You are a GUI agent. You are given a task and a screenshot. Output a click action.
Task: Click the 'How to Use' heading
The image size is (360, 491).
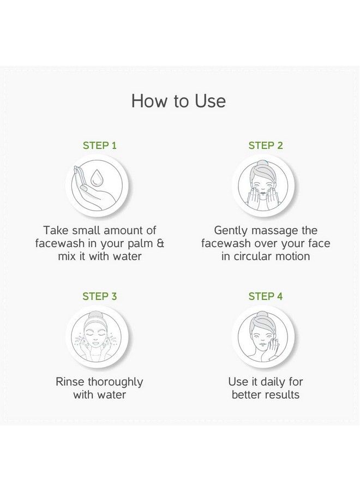[178, 101]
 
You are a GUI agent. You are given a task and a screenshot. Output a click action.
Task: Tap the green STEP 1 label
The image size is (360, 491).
[99, 146]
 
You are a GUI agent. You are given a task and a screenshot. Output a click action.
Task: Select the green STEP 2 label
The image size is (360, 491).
[266, 146]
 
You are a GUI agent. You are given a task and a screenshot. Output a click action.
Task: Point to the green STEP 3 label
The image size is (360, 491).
[99, 297]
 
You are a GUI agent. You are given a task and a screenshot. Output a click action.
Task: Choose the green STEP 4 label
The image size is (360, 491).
[266, 297]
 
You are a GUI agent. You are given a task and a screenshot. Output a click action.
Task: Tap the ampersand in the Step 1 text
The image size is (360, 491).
[160, 243]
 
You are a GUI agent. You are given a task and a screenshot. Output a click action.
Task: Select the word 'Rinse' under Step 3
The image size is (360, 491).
[69, 382]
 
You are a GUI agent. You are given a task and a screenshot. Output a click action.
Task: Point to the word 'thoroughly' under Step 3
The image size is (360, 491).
[115, 382]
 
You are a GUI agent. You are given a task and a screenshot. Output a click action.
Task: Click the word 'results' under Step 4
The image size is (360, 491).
[281, 394]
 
